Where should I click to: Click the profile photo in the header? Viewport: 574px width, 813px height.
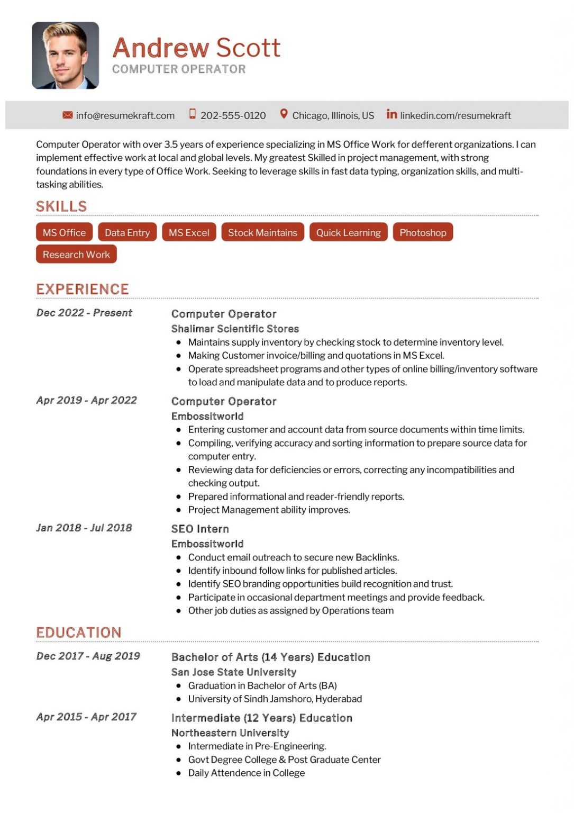point(65,55)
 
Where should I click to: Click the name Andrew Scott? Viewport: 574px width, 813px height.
point(196,48)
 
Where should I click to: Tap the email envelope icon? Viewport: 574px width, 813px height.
point(67,115)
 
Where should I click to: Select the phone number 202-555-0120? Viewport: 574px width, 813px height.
point(233,115)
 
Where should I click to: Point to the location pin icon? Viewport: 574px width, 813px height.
point(284,114)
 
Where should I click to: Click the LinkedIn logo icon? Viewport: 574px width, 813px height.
point(391,114)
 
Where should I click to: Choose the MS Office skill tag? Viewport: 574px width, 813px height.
point(64,232)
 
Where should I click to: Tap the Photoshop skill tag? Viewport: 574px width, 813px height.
point(422,232)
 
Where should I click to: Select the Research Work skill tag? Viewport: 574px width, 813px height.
point(76,254)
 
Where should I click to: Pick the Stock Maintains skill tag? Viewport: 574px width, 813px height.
point(262,232)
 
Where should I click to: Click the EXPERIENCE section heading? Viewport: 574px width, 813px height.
point(83,289)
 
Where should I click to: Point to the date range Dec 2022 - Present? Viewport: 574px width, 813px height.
point(84,313)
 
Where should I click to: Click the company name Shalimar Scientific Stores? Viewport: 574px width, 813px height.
point(235,329)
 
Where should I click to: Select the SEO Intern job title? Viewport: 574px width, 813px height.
point(200,529)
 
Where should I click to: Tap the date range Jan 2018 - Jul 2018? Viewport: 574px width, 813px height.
point(84,528)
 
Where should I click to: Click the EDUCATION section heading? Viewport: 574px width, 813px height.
point(79,633)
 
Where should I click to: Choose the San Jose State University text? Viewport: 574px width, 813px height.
point(233,672)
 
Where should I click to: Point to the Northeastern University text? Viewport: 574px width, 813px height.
point(230,733)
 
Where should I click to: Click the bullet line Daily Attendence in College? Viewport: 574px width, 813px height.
point(246,773)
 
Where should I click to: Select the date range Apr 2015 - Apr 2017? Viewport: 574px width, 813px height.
point(86,717)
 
